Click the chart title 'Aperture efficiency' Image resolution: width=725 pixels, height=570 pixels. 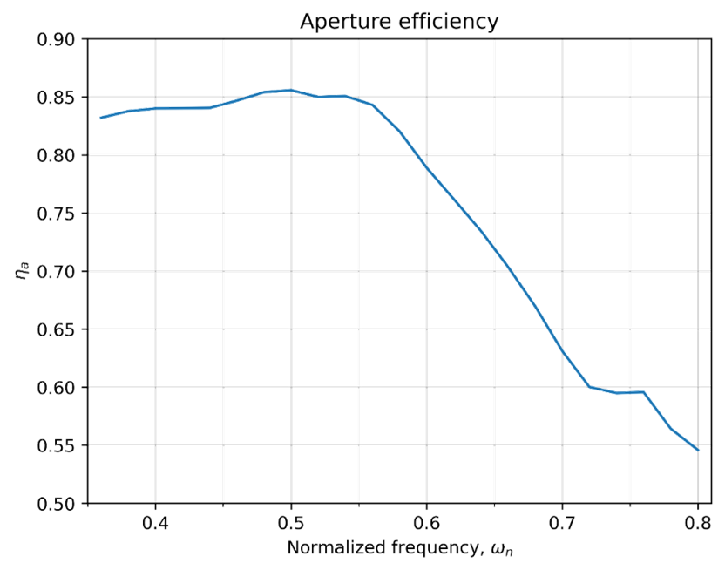399,22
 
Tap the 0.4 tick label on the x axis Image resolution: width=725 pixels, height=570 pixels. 155,524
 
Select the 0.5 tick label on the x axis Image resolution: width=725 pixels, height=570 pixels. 291,524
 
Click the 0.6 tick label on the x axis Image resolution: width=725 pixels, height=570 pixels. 426,524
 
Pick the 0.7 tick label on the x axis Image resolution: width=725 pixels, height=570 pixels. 562,524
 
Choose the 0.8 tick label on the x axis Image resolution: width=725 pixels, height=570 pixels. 698,524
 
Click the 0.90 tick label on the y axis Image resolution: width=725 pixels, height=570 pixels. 57,39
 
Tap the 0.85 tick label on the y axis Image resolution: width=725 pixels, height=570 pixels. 57,98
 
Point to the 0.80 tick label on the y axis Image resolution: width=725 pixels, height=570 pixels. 57,155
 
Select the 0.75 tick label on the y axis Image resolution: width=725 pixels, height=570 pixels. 57,214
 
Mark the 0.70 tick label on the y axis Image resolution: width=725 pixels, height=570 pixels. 57,272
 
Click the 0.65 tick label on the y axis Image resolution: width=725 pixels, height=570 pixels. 57,330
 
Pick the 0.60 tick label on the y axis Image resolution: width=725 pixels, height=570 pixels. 57,388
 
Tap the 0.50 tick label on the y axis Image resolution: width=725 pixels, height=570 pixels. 57,504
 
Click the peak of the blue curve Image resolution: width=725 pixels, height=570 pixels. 290,89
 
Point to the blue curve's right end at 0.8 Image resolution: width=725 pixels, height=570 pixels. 698,451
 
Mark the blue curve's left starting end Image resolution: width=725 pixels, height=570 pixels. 101,118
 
